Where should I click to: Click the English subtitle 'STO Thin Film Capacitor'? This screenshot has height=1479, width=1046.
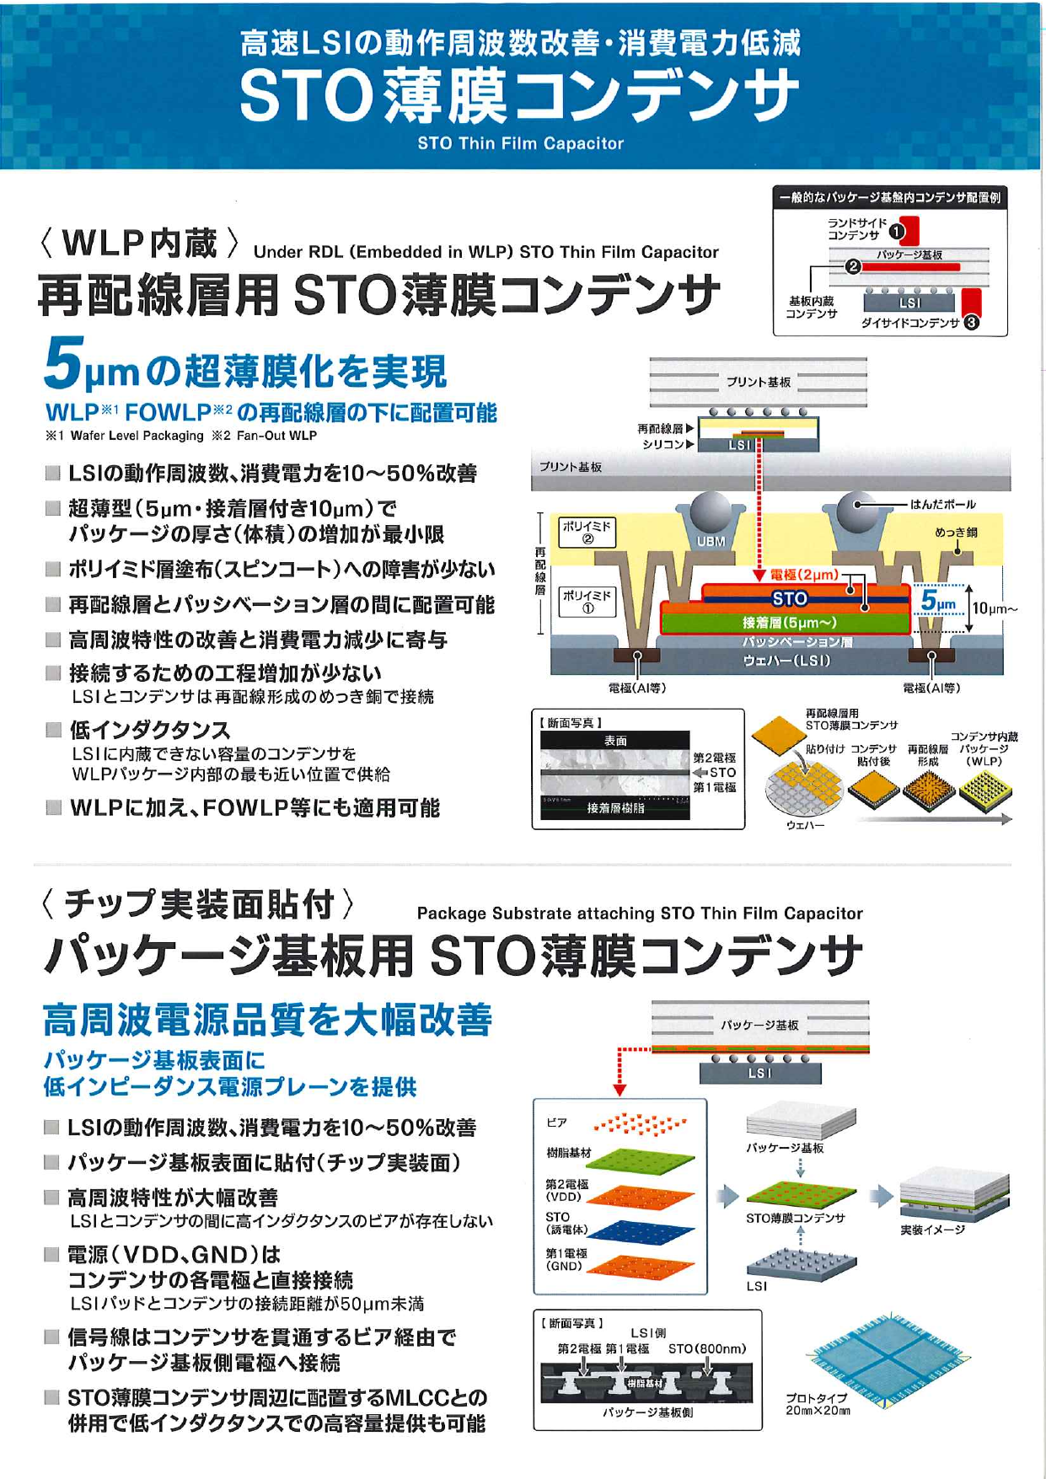(x=520, y=143)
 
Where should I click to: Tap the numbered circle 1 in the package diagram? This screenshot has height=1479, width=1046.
(x=896, y=230)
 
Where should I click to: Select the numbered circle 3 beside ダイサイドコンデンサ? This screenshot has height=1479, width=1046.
(x=971, y=322)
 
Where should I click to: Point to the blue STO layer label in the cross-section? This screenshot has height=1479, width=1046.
(x=789, y=599)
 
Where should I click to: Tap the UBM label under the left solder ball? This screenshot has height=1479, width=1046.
(x=711, y=542)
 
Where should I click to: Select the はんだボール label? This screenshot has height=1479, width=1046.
(x=942, y=505)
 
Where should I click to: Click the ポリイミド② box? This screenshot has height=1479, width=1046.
(x=587, y=533)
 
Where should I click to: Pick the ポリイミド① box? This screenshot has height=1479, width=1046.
(x=587, y=602)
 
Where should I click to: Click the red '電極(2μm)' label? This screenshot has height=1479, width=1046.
(x=804, y=575)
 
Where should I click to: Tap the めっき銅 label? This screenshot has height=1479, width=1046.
(x=956, y=533)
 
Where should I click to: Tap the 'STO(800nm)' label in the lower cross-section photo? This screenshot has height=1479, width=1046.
(x=706, y=1349)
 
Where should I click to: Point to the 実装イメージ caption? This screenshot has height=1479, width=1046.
(x=932, y=1230)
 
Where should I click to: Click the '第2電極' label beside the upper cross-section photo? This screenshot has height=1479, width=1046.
(x=714, y=758)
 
